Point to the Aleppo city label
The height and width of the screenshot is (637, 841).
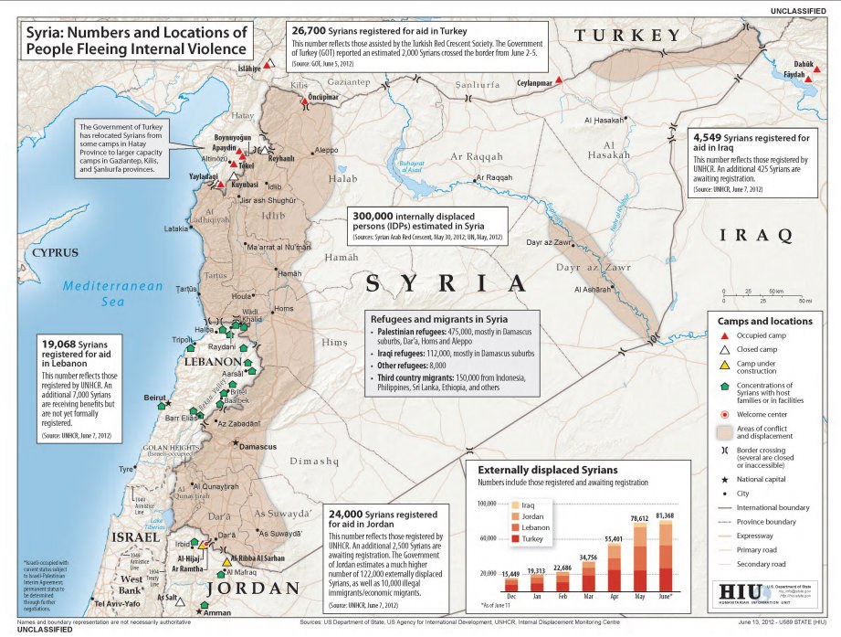(x=325, y=150)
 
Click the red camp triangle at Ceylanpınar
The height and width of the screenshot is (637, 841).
(x=559, y=80)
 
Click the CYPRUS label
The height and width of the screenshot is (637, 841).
(x=54, y=252)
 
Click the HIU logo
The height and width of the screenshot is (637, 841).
(x=741, y=592)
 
